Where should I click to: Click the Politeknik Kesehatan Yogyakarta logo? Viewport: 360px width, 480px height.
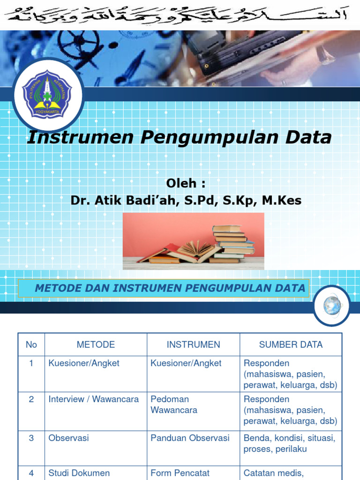tap(47, 95)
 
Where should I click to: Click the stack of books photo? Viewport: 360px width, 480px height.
tap(193, 241)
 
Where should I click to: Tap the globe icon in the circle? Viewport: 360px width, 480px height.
tap(332, 306)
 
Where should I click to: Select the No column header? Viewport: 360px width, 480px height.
tap(31, 345)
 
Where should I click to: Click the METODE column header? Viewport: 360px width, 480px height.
tap(96, 345)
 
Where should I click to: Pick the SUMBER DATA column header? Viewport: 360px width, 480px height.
tap(291, 345)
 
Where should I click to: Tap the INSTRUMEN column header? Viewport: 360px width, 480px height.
tap(193, 345)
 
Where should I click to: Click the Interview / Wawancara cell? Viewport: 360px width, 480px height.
tap(94, 399)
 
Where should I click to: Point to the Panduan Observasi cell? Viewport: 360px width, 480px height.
tap(190, 438)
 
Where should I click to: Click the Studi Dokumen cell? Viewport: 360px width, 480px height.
tap(79, 473)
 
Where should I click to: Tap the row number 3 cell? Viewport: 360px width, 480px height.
tap(31, 438)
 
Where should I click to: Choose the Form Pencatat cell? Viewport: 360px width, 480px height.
tap(180, 473)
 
